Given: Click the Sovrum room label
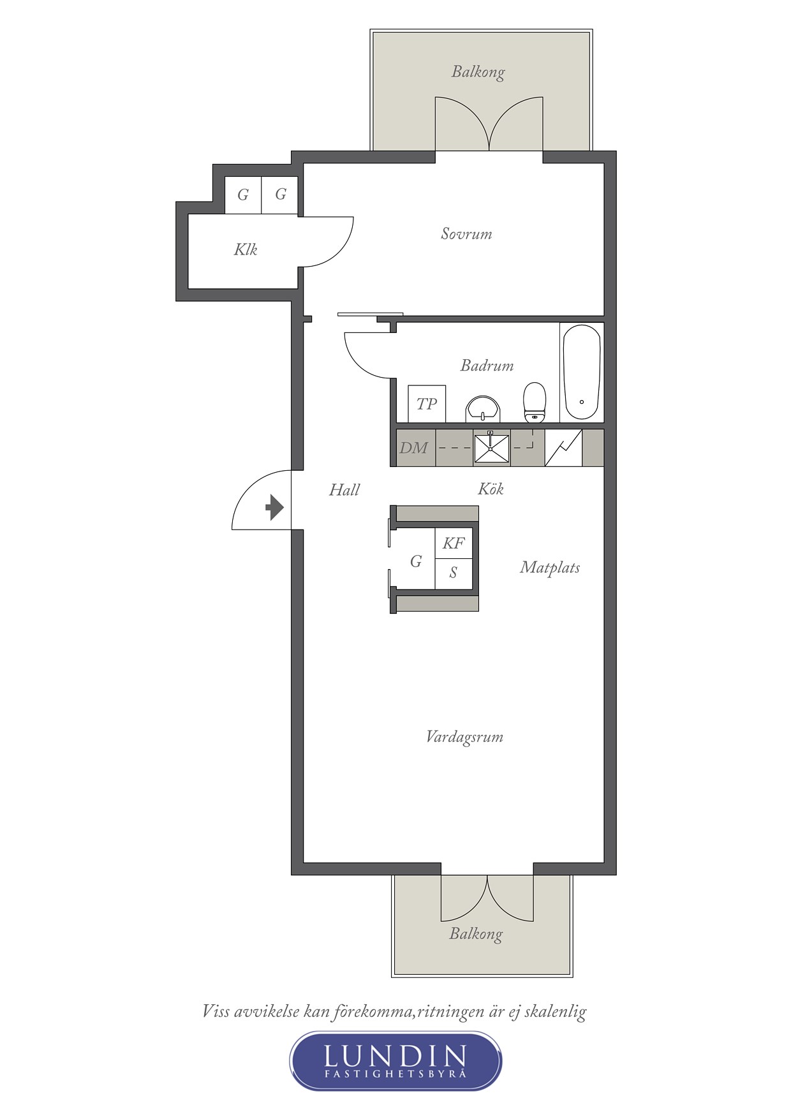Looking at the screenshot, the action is (x=466, y=233).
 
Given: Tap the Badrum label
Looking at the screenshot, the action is (x=487, y=366).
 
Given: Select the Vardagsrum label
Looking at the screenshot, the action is (x=464, y=737).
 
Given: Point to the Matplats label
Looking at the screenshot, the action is (x=550, y=567).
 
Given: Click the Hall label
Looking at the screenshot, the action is (x=344, y=490).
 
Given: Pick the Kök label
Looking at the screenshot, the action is (x=491, y=489).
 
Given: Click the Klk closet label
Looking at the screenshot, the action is (x=246, y=249).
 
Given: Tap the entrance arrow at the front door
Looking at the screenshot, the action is (x=275, y=508).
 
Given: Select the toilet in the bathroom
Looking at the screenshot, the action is (x=535, y=402).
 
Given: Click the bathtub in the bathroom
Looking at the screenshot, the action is (x=582, y=373).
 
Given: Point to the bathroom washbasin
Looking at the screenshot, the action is (x=483, y=409).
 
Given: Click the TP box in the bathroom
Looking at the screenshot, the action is (x=427, y=403).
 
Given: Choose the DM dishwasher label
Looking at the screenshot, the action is (x=413, y=448).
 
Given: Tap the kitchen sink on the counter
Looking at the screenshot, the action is (x=491, y=448).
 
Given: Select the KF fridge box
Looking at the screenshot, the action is (x=454, y=543).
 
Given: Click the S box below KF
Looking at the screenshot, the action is (x=454, y=574).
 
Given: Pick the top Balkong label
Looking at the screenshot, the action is (x=478, y=72).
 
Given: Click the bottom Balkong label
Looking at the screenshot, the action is (x=476, y=934).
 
